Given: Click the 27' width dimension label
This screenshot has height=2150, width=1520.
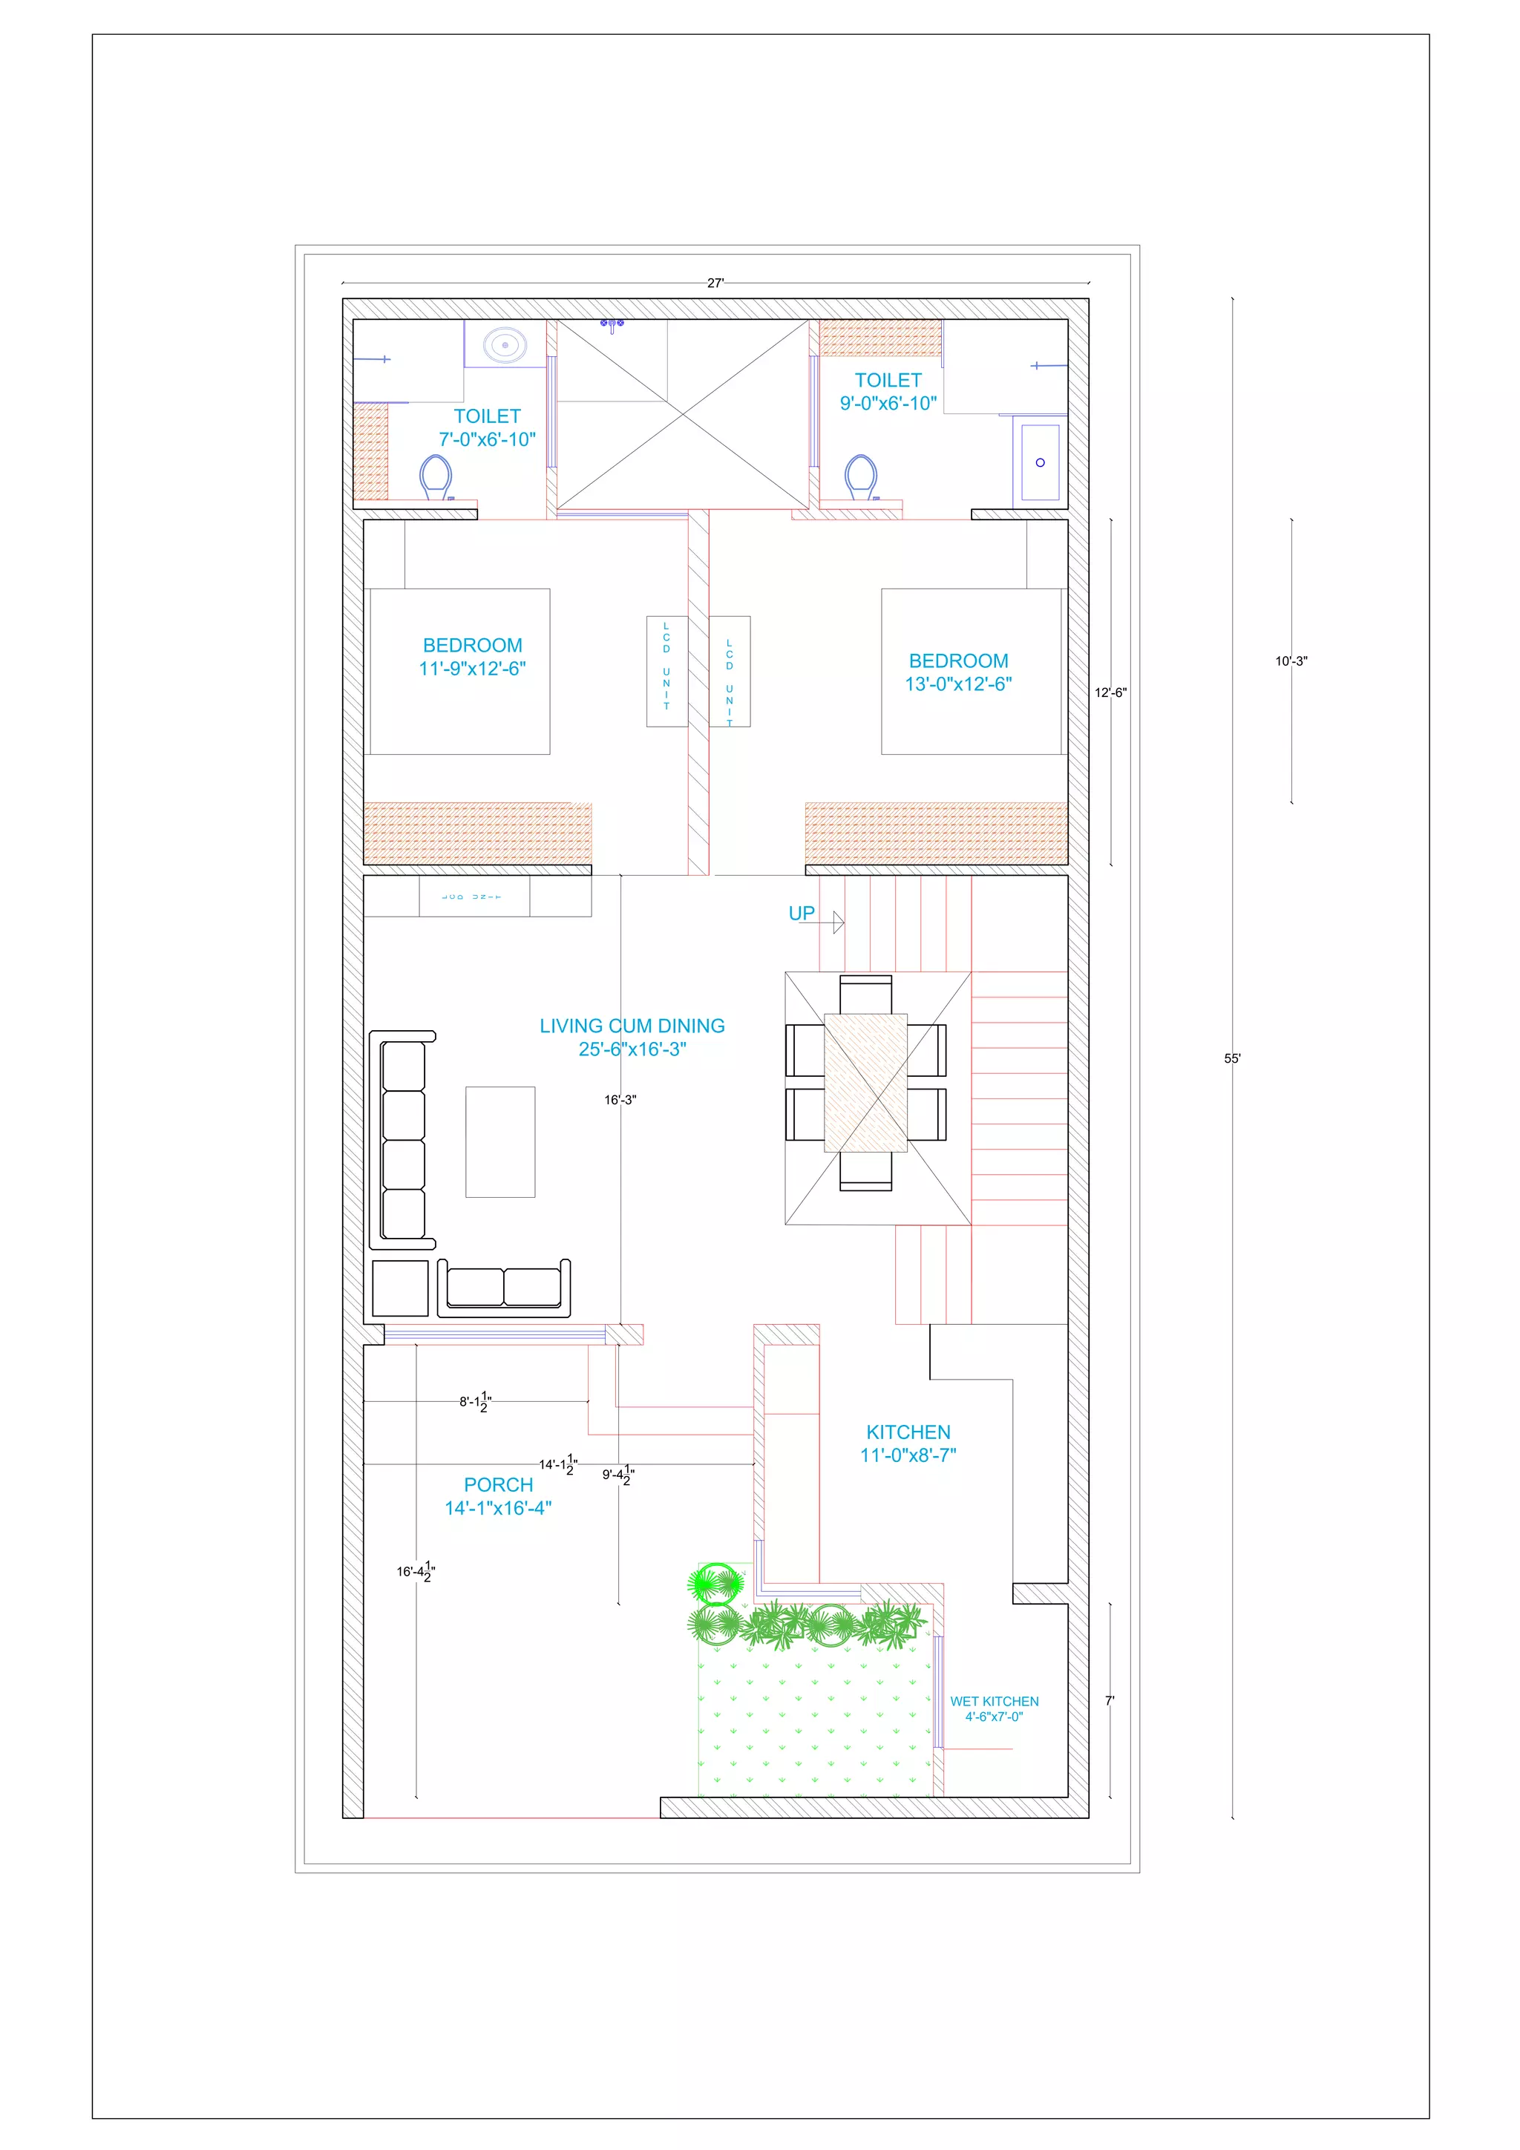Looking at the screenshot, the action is (715, 283).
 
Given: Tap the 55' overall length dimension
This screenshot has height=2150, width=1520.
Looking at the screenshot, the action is (1233, 1058).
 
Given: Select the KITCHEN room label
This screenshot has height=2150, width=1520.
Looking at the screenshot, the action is (908, 1432).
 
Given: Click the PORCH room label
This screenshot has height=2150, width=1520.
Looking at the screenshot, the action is (498, 1484).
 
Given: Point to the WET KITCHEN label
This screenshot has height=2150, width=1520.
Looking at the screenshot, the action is (994, 1702).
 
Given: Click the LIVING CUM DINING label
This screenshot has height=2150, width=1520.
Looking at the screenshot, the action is (632, 1026).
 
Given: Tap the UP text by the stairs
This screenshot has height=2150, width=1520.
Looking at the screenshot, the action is (802, 913).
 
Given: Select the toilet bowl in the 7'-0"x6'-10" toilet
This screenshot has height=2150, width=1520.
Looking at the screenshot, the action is (436, 476).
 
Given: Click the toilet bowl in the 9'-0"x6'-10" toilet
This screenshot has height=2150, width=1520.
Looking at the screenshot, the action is (861, 477).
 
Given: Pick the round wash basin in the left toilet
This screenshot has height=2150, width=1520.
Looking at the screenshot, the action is (505, 344).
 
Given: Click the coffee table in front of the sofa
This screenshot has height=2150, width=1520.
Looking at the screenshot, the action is (500, 1141).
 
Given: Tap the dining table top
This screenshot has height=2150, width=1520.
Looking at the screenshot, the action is (865, 1083).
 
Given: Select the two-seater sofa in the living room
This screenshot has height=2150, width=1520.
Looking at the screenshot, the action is (504, 1288).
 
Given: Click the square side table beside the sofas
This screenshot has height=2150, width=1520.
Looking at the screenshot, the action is (400, 1288).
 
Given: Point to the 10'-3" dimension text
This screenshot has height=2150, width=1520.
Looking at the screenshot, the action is (1291, 661).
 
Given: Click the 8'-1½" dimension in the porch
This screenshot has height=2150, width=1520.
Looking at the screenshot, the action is (476, 1402).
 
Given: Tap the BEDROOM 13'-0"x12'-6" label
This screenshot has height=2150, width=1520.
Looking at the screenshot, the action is (958, 672).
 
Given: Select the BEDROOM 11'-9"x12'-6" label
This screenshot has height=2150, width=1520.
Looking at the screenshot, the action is (472, 656).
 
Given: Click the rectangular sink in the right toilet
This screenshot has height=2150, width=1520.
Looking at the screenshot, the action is (1040, 462).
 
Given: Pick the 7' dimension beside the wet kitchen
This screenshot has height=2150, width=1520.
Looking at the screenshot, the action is (1110, 1700).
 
